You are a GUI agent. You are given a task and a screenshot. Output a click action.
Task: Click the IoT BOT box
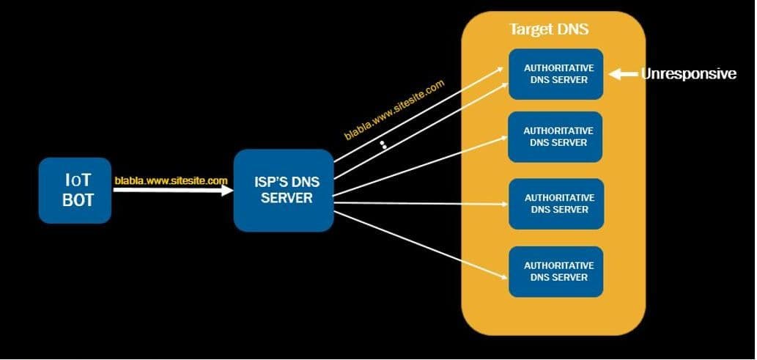click(75, 190)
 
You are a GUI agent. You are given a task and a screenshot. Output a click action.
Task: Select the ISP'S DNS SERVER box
click(284, 189)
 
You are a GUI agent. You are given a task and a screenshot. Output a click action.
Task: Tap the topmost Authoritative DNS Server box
click(556, 73)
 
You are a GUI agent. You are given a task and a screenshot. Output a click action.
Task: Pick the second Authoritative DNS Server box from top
click(555, 136)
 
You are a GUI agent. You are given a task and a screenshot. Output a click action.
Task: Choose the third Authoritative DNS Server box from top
click(556, 203)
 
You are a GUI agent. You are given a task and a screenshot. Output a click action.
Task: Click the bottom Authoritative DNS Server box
click(556, 271)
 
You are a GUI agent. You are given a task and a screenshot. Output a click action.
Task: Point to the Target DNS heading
click(549, 30)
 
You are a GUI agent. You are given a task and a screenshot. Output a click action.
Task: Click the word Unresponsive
click(688, 73)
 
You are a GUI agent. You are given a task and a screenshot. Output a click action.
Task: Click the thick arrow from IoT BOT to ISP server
click(173, 190)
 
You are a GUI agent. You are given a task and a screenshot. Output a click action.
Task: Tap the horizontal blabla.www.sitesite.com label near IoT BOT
click(171, 180)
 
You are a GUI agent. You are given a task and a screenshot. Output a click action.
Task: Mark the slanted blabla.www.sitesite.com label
click(394, 109)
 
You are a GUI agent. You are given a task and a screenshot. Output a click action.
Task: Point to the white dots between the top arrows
click(383, 144)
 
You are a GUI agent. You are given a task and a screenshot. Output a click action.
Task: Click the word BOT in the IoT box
click(78, 199)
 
